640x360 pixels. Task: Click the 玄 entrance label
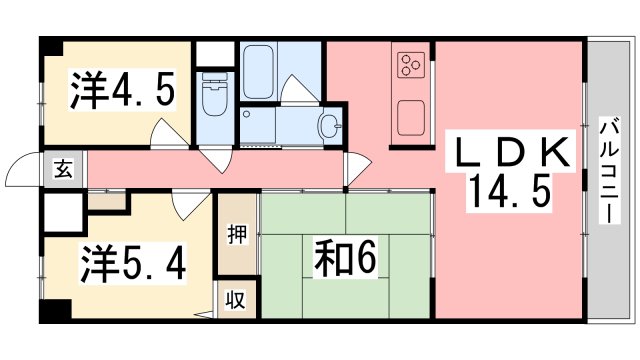click(63, 170)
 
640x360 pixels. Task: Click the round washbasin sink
click(329, 125)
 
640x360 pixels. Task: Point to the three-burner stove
click(410, 65)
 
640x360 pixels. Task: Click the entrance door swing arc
click(22, 172)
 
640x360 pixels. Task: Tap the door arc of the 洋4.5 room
click(168, 135)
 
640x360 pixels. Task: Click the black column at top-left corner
click(50, 47)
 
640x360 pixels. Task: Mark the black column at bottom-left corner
click(51, 312)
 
